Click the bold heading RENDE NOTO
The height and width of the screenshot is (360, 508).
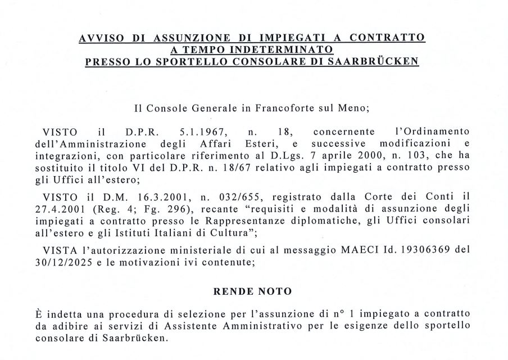(254, 292)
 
